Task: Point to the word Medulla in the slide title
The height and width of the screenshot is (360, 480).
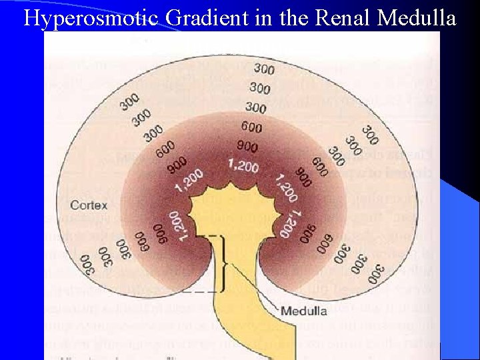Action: coord(417,18)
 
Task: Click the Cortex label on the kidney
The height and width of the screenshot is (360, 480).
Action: coord(89,205)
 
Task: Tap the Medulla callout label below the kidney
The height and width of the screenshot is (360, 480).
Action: coord(303,311)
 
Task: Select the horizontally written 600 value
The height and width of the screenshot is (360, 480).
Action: coord(251,127)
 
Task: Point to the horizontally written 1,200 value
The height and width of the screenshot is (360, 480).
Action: coord(243,165)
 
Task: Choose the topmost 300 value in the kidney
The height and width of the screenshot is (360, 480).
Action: coord(264,69)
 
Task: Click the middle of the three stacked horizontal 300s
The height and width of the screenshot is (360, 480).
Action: coord(260,88)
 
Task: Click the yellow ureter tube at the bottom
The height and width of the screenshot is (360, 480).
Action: coord(267,333)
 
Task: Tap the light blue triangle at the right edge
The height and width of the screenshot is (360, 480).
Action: coord(460,267)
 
